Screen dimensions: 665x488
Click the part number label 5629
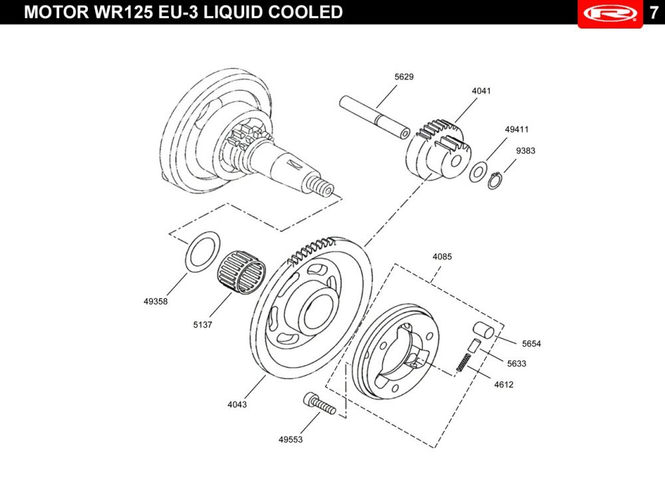[x=404, y=76]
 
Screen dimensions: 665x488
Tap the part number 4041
[x=481, y=90]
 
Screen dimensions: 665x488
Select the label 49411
[x=517, y=130]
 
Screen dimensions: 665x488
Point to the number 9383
[x=525, y=150]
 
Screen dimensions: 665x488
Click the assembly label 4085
[x=442, y=257]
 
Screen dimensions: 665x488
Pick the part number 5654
[x=531, y=344]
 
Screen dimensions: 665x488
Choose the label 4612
[x=504, y=384]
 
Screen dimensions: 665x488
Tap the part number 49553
[x=291, y=439]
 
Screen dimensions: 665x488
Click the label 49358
[x=156, y=301]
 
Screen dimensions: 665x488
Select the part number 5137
[x=202, y=324]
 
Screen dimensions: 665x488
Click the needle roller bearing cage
[x=241, y=272]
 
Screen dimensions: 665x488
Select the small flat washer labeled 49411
[x=478, y=172]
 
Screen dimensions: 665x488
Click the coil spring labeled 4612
[x=463, y=362]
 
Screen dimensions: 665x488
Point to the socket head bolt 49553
[x=319, y=403]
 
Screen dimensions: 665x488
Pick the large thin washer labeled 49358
[x=203, y=250]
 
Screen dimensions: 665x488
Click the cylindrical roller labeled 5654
[x=483, y=330]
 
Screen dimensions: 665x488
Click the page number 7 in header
[x=654, y=12]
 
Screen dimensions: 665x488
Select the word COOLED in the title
[x=305, y=12]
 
